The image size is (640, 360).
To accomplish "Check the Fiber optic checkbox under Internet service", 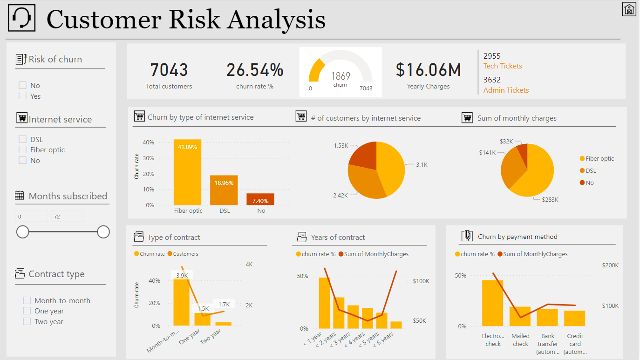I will [x=22, y=149].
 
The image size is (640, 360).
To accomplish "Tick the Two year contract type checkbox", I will [x=27, y=321].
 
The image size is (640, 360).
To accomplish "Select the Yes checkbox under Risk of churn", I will [x=22, y=95].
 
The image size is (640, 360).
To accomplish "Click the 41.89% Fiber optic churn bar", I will [x=188, y=172].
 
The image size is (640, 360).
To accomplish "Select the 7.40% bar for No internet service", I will [x=260, y=199].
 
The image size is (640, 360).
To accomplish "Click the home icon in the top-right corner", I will [x=629, y=9].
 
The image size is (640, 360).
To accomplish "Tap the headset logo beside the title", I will [x=21, y=19].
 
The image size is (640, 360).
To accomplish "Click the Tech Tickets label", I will [x=503, y=66].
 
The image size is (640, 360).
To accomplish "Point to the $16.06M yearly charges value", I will [x=428, y=70].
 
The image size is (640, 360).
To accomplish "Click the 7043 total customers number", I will [x=169, y=70].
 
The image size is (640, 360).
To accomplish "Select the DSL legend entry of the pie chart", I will [x=591, y=171].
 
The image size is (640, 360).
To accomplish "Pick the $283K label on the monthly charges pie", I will [x=550, y=199].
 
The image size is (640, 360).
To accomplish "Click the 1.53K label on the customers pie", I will [x=341, y=146].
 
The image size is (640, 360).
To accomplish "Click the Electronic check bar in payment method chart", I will [x=492, y=303].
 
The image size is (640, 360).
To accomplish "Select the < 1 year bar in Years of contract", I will [x=325, y=303].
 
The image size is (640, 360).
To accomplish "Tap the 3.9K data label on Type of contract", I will [x=182, y=275].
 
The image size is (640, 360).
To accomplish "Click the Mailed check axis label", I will [x=520, y=340].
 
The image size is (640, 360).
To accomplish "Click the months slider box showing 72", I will [x=67, y=217].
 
